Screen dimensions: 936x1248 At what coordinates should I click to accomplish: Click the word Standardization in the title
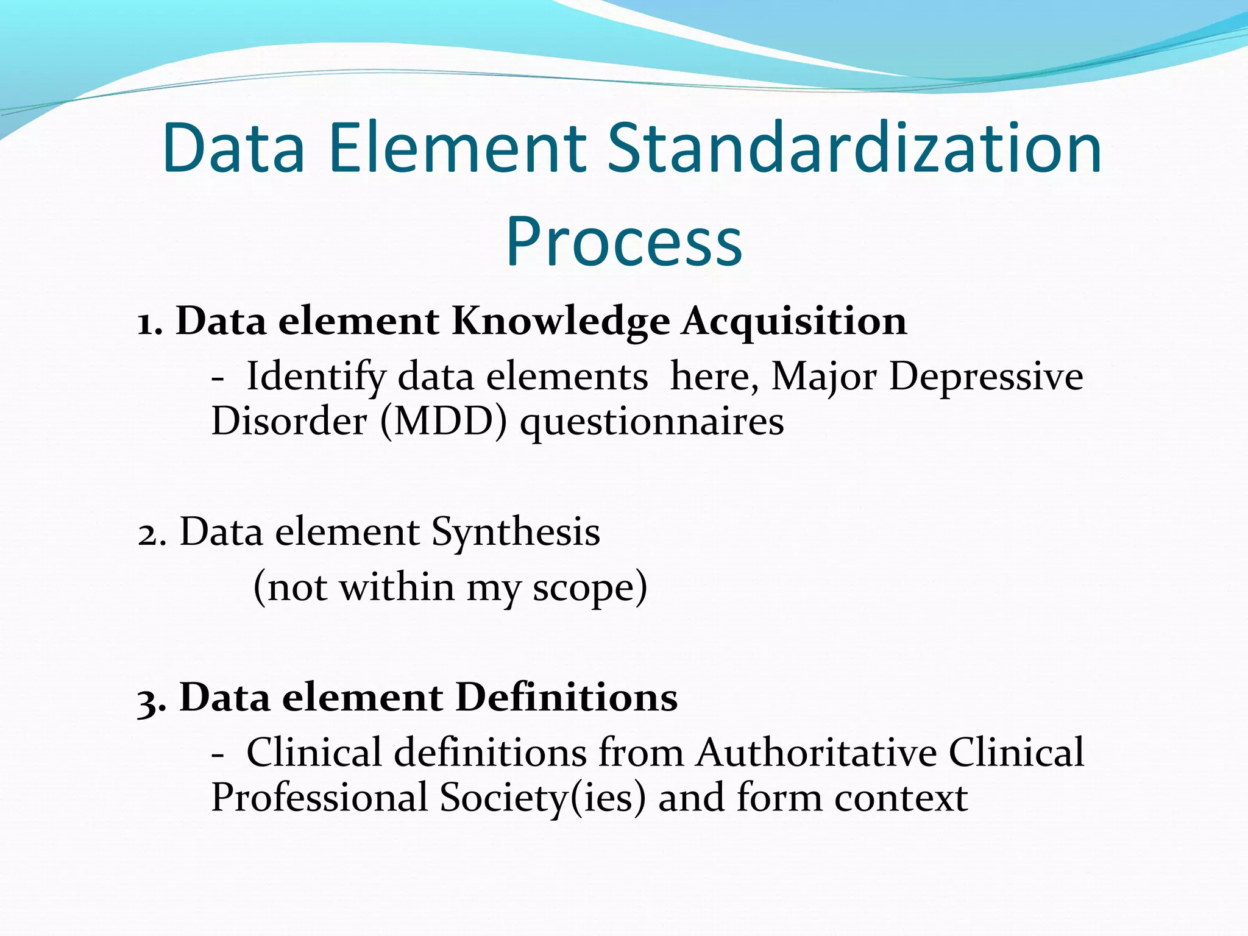click(855, 149)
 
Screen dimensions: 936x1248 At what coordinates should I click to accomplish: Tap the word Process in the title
click(624, 243)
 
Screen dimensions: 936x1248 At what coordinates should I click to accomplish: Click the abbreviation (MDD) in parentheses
click(443, 422)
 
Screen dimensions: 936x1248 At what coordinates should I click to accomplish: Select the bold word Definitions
click(566, 698)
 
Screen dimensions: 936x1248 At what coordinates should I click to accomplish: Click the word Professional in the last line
click(319, 798)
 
